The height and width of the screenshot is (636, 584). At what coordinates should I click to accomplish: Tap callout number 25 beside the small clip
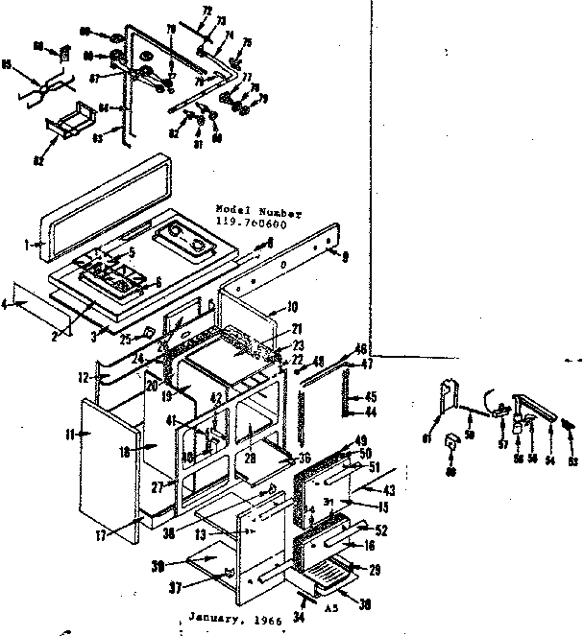126,339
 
